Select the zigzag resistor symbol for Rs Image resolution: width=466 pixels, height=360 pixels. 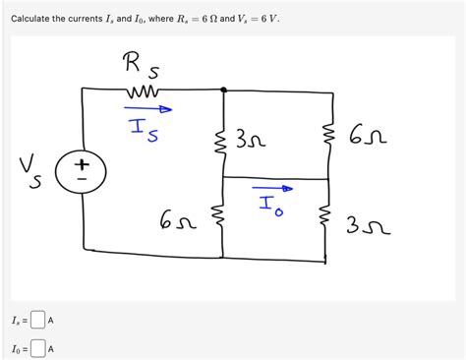tap(141, 92)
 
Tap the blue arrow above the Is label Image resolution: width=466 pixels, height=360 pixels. tap(147, 110)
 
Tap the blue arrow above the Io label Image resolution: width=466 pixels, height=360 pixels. tap(272, 185)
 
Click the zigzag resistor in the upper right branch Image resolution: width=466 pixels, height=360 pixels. tap(325, 133)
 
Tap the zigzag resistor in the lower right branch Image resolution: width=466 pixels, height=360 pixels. tap(325, 218)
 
